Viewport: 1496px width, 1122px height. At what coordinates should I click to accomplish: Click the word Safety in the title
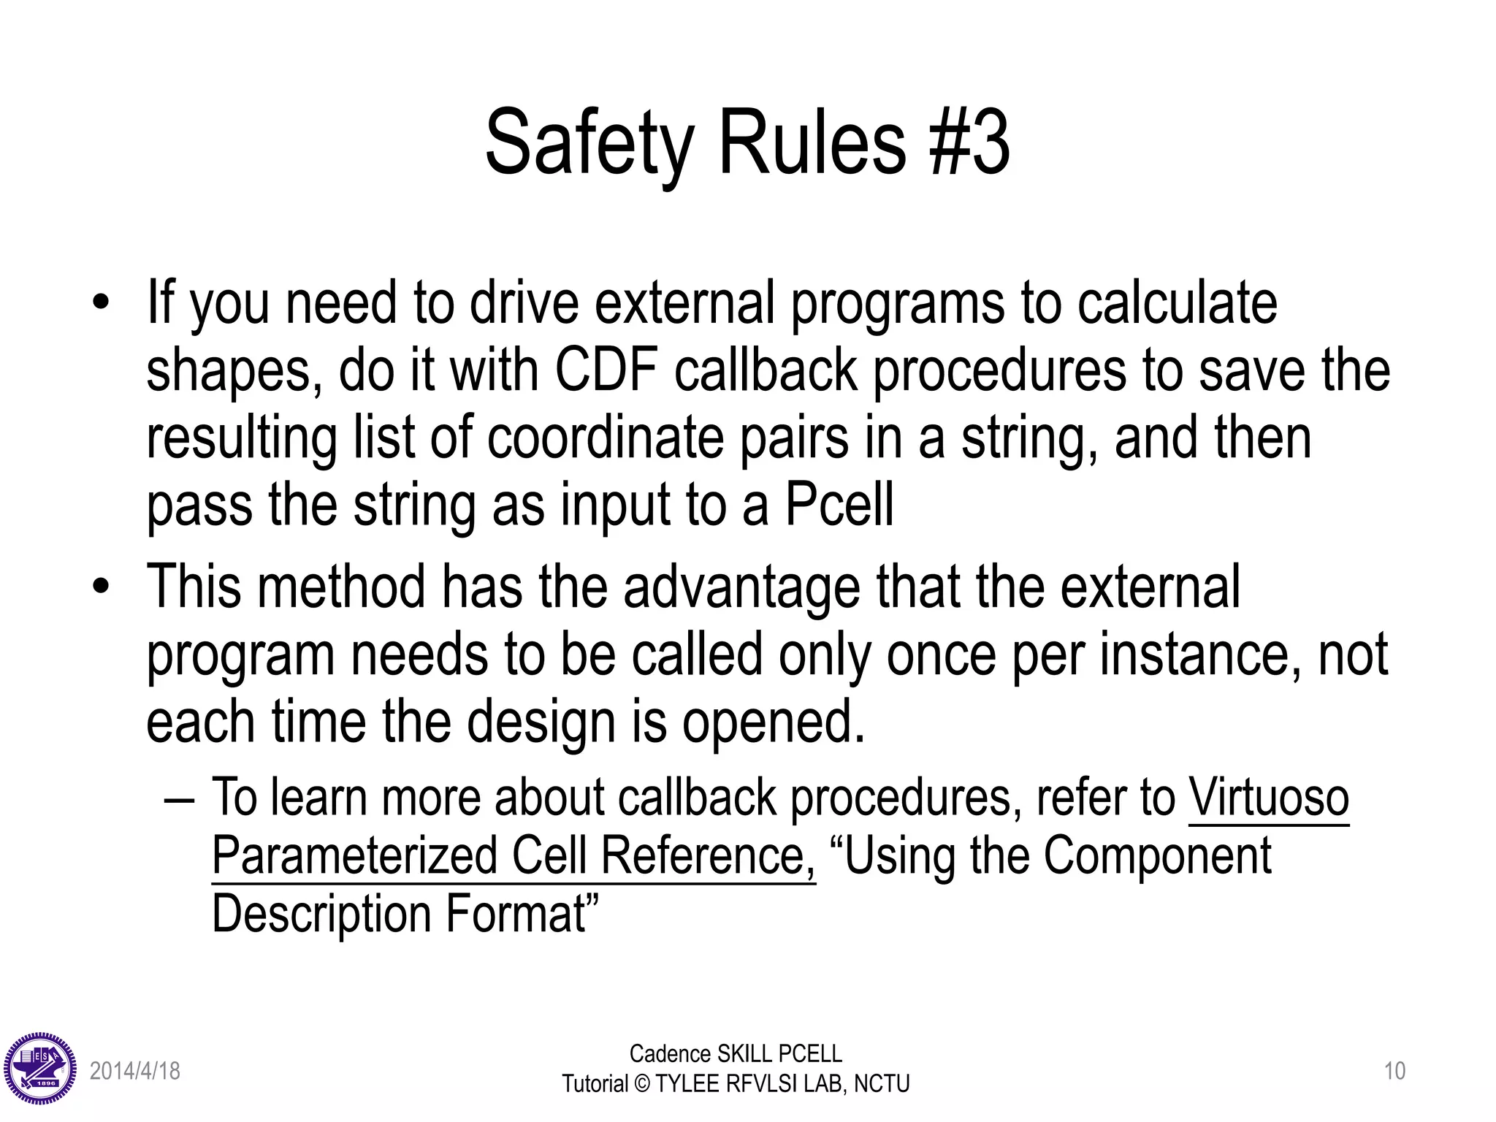(x=589, y=143)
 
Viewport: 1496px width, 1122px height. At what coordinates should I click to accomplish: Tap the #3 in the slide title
(x=970, y=142)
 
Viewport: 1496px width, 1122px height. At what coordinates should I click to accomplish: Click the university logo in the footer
(x=39, y=1069)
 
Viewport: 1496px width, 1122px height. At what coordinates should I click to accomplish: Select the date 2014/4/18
(x=134, y=1071)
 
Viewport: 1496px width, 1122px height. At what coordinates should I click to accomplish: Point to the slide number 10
(x=1394, y=1071)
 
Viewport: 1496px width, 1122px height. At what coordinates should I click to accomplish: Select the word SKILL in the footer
(x=745, y=1054)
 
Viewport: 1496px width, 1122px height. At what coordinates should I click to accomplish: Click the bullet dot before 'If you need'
(x=101, y=302)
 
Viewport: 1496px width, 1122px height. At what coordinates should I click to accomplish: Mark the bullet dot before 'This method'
(x=101, y=586)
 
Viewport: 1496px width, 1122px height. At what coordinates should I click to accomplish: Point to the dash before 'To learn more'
(x=180, y=798)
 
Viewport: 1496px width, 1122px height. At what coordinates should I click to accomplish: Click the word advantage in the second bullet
(x=741, y=587)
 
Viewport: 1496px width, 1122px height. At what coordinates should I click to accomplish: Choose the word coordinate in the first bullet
(x=606, y=438)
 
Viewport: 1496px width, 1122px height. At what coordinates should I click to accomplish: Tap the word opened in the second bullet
(x=773, y=722)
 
